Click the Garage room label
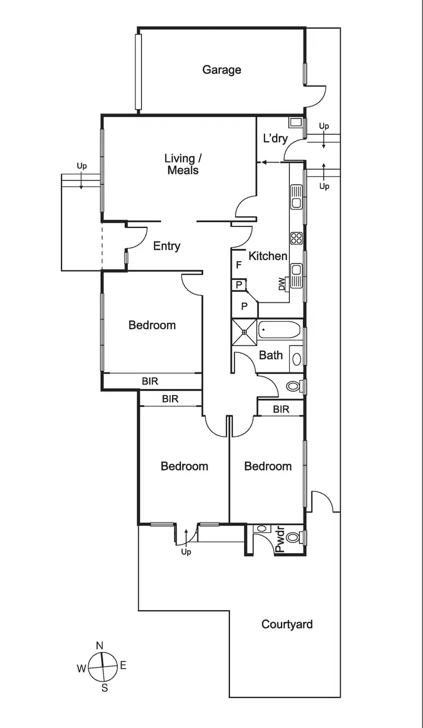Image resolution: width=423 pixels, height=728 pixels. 222,70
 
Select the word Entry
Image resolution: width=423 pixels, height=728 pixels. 167,246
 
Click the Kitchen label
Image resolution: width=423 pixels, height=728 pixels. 268,256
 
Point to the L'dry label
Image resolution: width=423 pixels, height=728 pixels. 275,139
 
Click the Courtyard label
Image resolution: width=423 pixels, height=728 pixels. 287,625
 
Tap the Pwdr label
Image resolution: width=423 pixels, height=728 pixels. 280,541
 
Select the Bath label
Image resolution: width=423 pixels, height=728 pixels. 271,356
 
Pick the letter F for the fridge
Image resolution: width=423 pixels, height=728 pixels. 239,265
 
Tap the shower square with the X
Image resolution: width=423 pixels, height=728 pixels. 244,332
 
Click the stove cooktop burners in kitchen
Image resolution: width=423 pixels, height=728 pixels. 297,238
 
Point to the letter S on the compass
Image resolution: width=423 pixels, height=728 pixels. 104,688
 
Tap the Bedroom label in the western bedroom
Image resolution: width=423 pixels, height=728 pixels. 152,325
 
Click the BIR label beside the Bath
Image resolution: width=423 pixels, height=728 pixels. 281,410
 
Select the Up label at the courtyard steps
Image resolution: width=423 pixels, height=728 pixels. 186,551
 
